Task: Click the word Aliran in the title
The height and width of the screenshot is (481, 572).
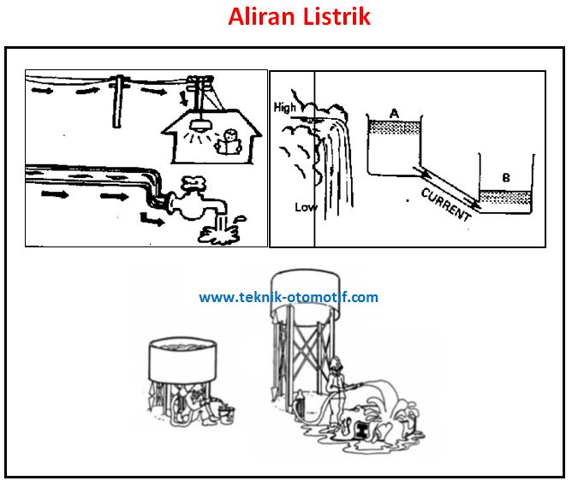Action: point(261,16)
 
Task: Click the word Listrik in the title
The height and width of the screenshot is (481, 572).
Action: point(337,16)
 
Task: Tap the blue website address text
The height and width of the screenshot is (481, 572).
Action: point(289,297)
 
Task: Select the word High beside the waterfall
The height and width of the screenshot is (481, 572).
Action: point(285,108)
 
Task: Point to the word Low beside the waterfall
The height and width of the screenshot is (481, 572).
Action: point(306,207)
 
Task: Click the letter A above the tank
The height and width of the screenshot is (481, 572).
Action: point(394,114)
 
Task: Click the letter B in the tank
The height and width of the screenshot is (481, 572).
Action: point(506,178)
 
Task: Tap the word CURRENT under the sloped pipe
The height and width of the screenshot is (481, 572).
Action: point(446,205)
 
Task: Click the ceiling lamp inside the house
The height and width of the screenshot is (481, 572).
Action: point(200,126)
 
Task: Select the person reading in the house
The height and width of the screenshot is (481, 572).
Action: point(229,141)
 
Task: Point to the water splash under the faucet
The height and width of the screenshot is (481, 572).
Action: point(220,235)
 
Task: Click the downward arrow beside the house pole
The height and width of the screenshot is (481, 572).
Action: point(184,98)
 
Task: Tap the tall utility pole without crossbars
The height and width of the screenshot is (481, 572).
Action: point(117,101)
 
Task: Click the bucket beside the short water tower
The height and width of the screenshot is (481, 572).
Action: point(226,415)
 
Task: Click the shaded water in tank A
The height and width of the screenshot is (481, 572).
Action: point(395,128)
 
